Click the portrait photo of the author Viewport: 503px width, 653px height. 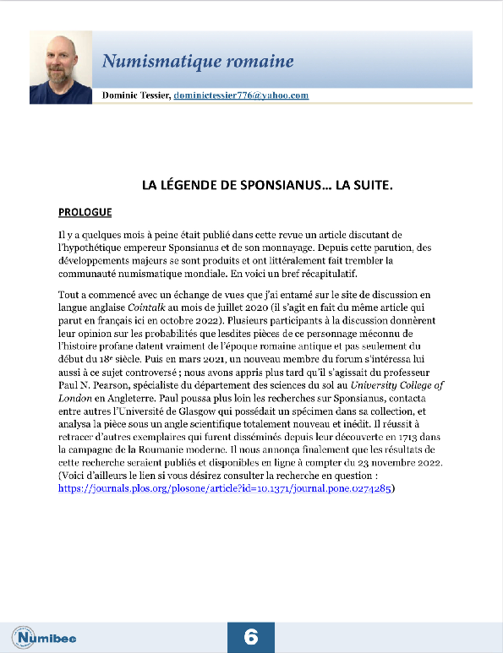[61, 68]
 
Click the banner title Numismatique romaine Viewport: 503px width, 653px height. [198, 61]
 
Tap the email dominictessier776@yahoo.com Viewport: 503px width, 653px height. [241, 95]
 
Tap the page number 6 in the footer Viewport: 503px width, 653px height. [251, 636]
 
